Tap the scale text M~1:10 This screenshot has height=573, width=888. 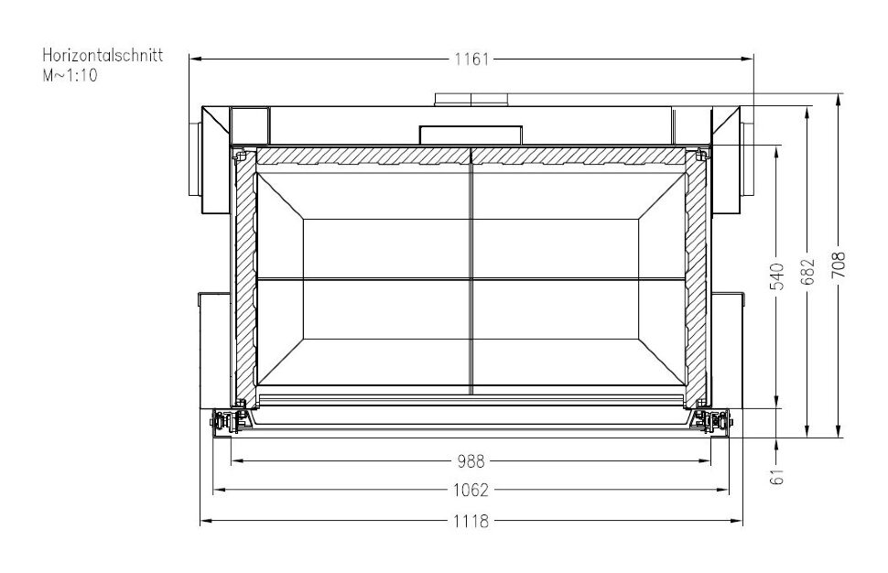[x=70, y=76]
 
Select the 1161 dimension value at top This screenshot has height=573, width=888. [x=471, y=59]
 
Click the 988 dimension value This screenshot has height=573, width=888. [x=471, y=460]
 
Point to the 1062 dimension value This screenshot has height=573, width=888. [x=471, y=491]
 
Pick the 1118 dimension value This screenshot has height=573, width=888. [x=471, y=521]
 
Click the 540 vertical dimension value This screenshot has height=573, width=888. [x=777, y=276]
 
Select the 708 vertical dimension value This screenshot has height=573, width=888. [x=839, y=266]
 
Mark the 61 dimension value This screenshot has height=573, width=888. [x=778, y=477]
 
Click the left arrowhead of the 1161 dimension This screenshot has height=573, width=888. [x=194, y=59]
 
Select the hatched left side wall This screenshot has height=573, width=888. [x=245, y=275]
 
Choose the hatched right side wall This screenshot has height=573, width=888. [x=697, y=275]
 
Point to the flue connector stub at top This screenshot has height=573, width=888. [x=471, y=99]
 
